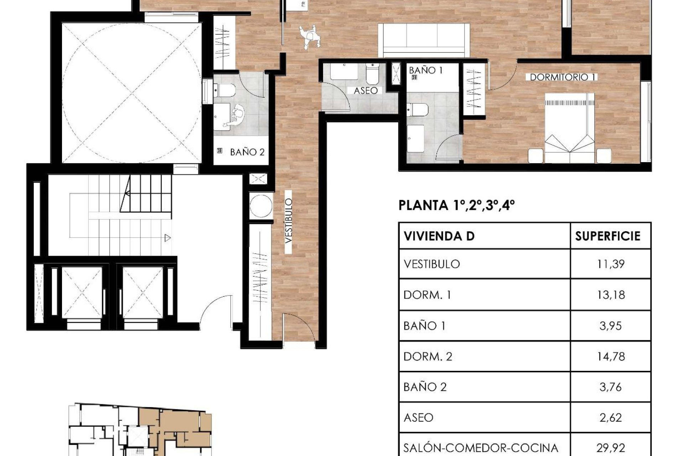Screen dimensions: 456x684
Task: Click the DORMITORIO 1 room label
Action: (x=563, y=77)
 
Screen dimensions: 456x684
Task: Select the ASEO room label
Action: (x=366, y=90)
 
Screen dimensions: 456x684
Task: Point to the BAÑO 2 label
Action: (x=247, y=152)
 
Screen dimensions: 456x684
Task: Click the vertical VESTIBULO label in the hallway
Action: (x=289, y=221)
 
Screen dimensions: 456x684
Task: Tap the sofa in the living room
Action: (x=424, y=40)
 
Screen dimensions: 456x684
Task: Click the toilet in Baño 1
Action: (x=417, y=109)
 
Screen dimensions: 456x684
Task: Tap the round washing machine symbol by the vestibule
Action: (x=261, y=206)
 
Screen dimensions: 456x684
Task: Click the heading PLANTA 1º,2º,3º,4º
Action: (x=456, y=206)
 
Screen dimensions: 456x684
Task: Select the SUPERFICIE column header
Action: (x=607, y=236)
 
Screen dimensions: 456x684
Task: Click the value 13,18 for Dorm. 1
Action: (x=611, y=295)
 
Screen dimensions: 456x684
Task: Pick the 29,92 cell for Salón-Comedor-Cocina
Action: (x=611, y=447)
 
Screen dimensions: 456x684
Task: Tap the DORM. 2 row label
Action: (x=427, y=356)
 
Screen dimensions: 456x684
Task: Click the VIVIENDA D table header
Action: (x=439, y=236)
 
